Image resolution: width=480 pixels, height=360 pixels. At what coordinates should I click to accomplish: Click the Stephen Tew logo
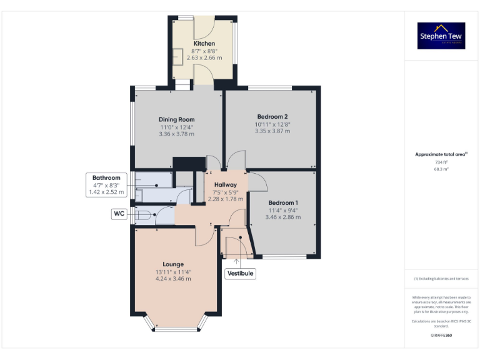click(x=442, y=36)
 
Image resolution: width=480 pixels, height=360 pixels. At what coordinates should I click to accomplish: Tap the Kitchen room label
click(x=204, y=43)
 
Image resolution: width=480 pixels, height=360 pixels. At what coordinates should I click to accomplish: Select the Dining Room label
click(x=176, y=119)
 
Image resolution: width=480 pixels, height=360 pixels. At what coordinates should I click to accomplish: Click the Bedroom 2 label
click(x=272, y=117)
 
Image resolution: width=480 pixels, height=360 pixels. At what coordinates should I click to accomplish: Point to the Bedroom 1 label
click(x=283, y=203)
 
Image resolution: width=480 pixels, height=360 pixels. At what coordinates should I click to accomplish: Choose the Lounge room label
click(x=173, y=264)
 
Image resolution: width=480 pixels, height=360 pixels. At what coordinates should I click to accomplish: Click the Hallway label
click(x=225, y=185)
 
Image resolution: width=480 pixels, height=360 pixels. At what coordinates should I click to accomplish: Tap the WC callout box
click(x=119, y=214)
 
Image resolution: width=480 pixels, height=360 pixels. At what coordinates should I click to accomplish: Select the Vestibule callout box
click(x=240, y=273)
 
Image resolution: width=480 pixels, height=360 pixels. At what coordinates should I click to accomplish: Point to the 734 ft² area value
click(x=442, y=162)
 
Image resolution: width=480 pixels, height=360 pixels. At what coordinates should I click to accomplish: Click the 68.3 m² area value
click(x=442, y=169)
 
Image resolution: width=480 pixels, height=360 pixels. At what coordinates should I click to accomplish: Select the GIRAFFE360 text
click(x=441, y=336)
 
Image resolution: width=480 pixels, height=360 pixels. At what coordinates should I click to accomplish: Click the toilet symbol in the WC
click(x=142, y=215)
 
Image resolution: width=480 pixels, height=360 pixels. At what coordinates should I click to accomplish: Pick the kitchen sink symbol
click(x=178, y=56)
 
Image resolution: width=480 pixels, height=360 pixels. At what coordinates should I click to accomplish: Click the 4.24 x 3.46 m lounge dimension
click(x=173, y=279)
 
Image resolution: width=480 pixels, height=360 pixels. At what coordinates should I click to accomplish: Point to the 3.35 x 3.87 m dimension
click(x=272, y=132)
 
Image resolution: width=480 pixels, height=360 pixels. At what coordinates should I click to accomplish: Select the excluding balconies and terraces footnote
click(x=441, y=278)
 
